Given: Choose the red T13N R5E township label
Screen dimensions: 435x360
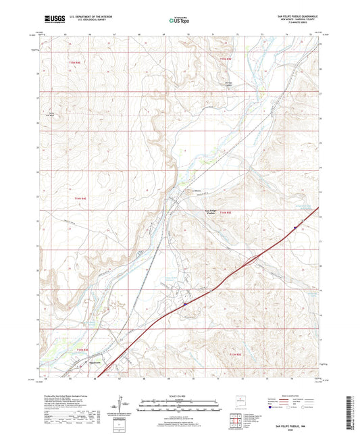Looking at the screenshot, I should click(x=234, y=354).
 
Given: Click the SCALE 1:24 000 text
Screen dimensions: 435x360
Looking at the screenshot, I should click(x=178, y=396).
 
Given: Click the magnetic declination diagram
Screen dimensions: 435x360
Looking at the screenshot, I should click(x=124, y=407).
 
